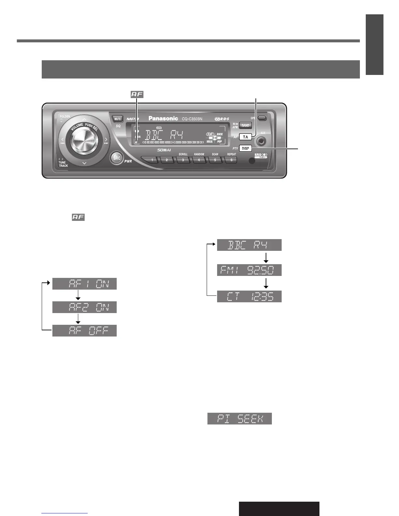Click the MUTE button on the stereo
117,119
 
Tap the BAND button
245,125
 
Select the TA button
245,137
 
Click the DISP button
245,148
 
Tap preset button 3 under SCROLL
183,160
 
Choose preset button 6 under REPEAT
231,160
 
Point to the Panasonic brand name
163,118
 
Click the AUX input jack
261,141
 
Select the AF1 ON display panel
84,284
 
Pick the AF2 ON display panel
84,307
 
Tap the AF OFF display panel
84,331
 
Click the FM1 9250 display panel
249,270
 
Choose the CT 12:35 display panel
249,296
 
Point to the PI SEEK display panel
240,419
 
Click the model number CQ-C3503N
192,119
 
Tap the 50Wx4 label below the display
164,150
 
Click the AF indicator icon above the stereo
137,94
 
